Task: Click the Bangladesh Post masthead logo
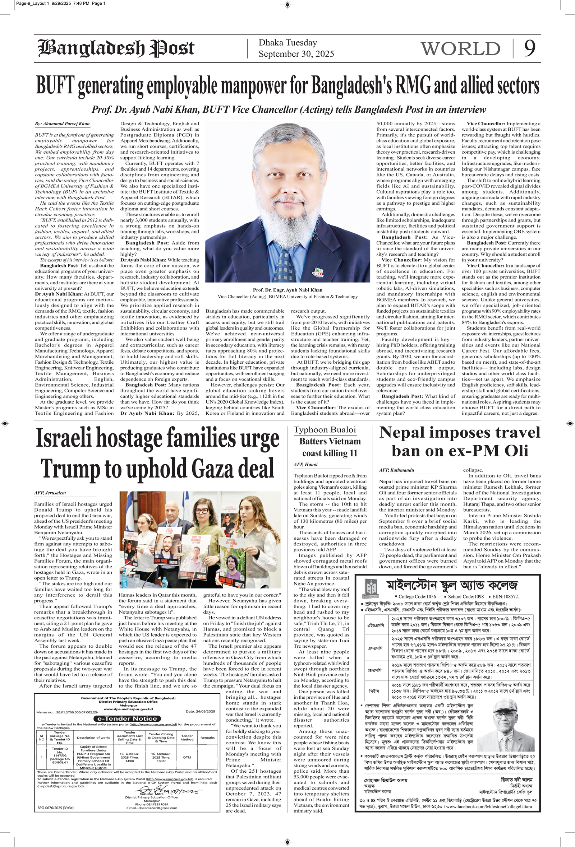coord(116,48)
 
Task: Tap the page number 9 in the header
coord(530,48)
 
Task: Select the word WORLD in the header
coord(460,49)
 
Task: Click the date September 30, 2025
coord(296,54)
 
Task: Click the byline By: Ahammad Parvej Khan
coord(62,124)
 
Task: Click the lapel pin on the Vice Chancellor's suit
coord(318,271)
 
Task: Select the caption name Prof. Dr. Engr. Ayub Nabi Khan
coord(287,290)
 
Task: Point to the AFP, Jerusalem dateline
coord(50,493)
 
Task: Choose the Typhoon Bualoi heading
coord(325,430)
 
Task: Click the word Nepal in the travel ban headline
coord(402,433)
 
